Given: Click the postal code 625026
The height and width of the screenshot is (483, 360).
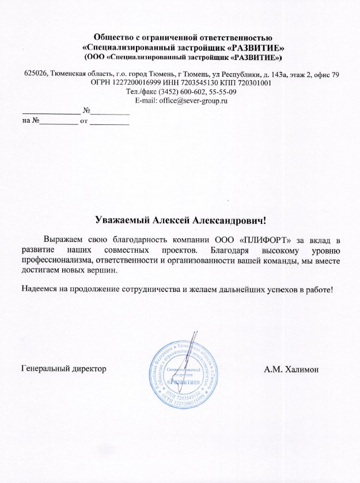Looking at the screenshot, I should (36, 74).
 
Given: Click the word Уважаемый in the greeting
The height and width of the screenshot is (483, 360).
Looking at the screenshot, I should (120, 220).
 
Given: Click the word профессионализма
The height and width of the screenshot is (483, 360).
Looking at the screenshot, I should (55, 261).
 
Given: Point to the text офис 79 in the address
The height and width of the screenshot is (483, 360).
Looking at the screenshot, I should (325, 74).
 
